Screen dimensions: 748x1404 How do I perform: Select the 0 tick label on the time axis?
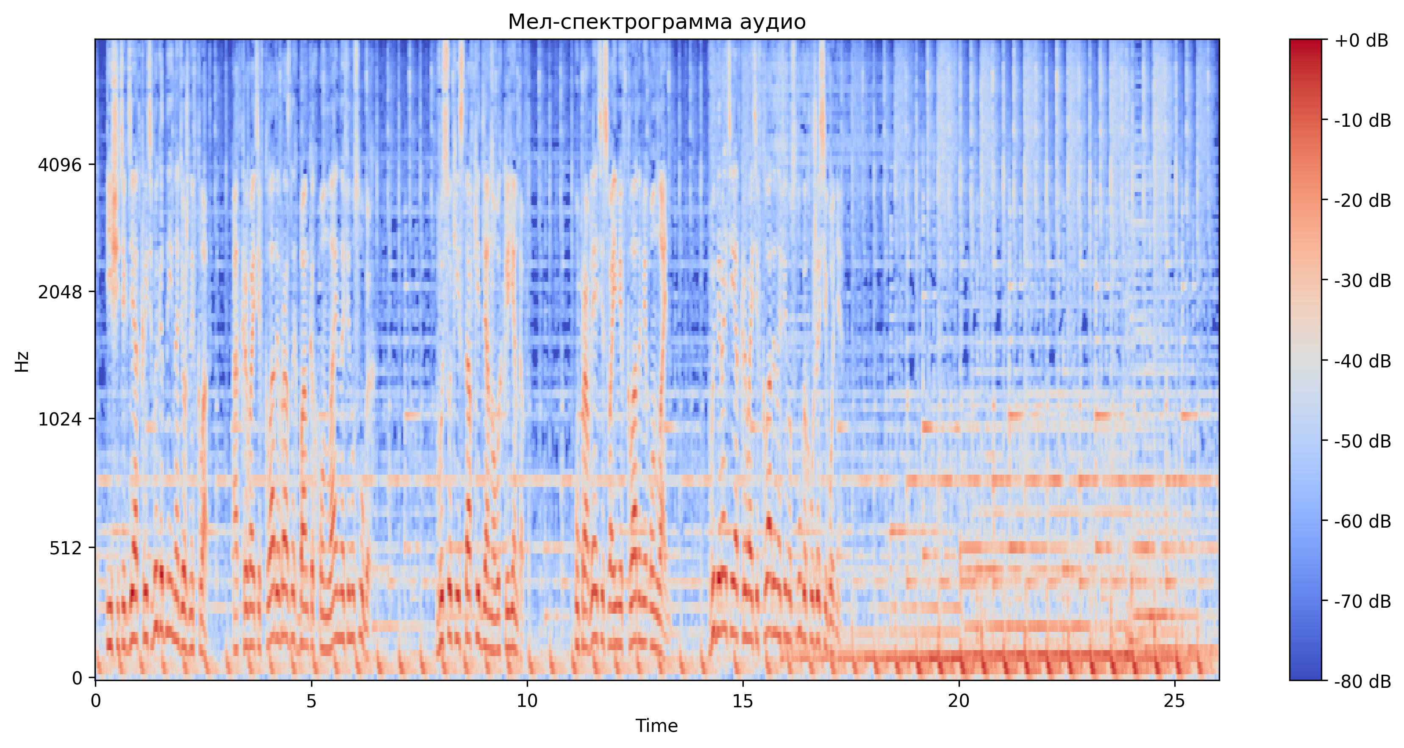click(96, 701)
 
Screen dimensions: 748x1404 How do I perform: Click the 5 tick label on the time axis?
click(311, 701)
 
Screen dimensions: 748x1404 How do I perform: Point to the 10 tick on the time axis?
click(527, 701)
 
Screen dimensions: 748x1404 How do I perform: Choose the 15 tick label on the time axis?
click(743, 701)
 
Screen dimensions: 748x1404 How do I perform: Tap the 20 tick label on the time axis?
click(958, 701)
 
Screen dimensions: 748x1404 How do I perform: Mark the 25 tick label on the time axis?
click(1174, 701)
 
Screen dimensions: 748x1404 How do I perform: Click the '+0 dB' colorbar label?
click(1361, 40)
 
